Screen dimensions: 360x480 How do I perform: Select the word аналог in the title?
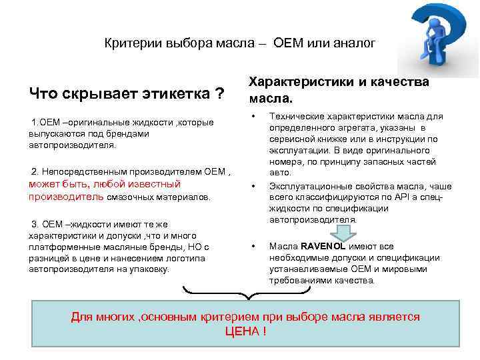356,43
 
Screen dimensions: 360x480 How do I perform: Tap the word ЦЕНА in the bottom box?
245,331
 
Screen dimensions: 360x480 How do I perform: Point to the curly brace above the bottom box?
247,293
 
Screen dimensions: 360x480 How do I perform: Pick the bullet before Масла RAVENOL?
253,247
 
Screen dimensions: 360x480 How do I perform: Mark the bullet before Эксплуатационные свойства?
253,187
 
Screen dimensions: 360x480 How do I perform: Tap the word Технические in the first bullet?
295,116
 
